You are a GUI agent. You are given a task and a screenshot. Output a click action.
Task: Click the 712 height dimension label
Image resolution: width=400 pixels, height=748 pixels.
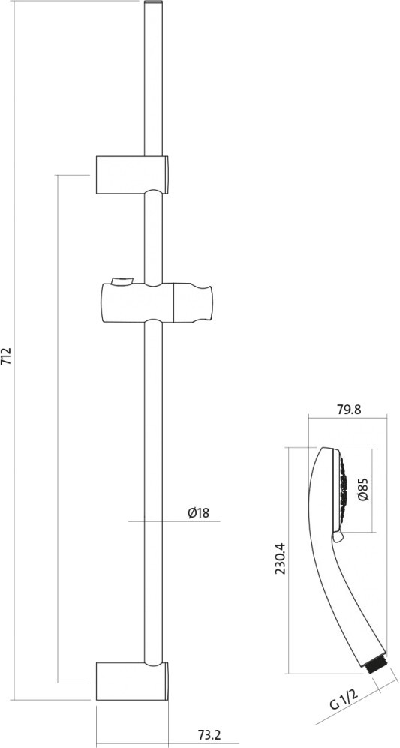coord(8,356)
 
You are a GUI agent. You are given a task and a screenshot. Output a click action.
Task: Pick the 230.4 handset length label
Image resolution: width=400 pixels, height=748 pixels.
coord(281,559)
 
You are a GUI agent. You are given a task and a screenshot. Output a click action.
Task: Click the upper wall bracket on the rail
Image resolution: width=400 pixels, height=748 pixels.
coord(132,175)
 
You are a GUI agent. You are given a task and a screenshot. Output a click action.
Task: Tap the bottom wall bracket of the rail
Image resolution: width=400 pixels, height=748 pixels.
coord(132,681)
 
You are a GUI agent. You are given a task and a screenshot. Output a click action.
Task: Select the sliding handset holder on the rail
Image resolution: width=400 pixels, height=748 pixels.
coord(157,302)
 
